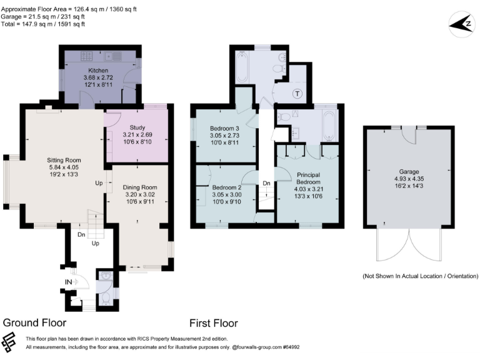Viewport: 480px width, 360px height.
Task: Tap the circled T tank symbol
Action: (297, 94)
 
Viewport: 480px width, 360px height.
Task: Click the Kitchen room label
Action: (99, 70)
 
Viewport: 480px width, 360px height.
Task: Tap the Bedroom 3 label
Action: (223, 129)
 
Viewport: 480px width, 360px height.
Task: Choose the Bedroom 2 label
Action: (226, 187)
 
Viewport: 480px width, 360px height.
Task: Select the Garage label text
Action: (409, 171)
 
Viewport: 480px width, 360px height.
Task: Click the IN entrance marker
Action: (68, 282)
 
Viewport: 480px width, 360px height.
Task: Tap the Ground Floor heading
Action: (34, 323)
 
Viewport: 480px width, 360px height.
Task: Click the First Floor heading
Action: (213, 323)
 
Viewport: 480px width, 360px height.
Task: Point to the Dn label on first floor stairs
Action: (266, 183)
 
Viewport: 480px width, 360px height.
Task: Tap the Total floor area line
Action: (43, 24)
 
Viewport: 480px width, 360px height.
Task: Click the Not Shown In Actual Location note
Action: (420, 276)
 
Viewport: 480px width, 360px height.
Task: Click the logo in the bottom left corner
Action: (11, 342)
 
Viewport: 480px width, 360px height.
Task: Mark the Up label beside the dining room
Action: (99, 183)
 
